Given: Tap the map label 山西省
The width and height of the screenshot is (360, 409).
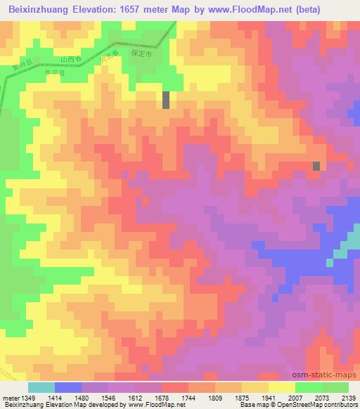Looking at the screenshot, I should pyautogui.click(x=72, y=60).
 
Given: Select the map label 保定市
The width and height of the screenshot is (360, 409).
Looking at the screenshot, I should pyautogui.click(x=143, y=51).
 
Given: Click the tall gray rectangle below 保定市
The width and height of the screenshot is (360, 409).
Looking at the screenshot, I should pyautogui.click(x=166, y=100).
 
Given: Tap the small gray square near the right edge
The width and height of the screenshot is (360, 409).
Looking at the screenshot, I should pyautogui.click(x=316, y=166).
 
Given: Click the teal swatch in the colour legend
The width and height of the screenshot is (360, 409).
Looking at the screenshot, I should pyautogui.click(x=41, y=387).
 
